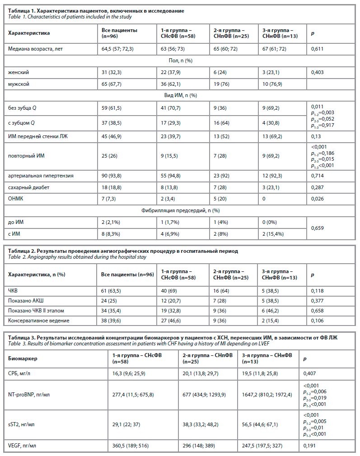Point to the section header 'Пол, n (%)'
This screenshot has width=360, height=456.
(x=180, y=60)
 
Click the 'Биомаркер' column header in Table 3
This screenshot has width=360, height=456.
(x=23, y=358)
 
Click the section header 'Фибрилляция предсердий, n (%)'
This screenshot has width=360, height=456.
(x=180, y=210)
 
